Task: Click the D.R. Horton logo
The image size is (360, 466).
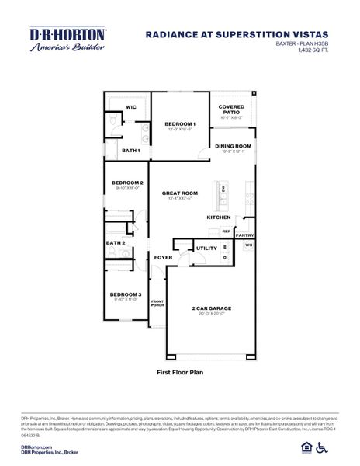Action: pyautogui.click(x=67, y=38)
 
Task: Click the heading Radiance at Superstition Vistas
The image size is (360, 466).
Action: pyautogui.click(x=237, y=34)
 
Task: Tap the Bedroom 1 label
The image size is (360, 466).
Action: pyautogui.click(x=180, y=124)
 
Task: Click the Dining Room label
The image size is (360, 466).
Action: pyautogui.click(x=233, y=146)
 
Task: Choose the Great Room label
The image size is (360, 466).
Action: pyautogui.click(x=179, y=193)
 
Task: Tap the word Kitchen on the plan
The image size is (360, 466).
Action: pyautogui.click(x=218, y=217)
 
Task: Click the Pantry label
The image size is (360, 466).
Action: pyautogui.click(x=244, y=235)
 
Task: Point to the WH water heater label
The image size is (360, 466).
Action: pyautogui.click(x=248, y=245)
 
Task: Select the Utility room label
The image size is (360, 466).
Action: pyautogui.click(x=206, y=249)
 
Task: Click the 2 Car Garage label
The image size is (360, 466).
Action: pyautogui.click(x=212, y=308)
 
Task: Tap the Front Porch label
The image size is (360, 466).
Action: pyautogui.click(x=157, y=303)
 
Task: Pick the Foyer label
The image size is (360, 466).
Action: pyautogui.click(x=162, y=257)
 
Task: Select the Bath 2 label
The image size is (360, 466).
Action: pyautogui.click(x=116, y=242)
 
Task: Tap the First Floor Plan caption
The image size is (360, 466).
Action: pyautogui.click(x=179, y=373)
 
